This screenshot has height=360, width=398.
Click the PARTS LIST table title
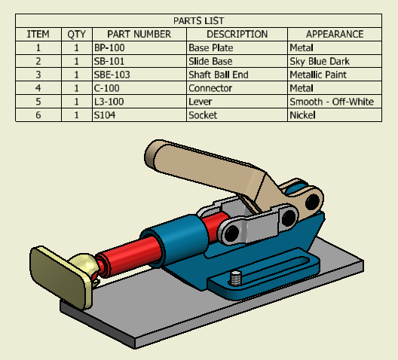click(x=198, y=21)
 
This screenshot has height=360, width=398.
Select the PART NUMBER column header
click(x=139, y=34)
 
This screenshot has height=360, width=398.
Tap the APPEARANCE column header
click(x=335, y=34)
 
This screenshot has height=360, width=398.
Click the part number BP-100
click(x=109, y=47)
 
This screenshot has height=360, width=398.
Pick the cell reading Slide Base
click(x=210, y=61)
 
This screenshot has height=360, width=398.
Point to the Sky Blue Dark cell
click(x=320, y=61)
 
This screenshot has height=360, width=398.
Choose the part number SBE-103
click(x=112, y=75)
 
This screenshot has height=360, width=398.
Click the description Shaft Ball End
click(x=219, y=75)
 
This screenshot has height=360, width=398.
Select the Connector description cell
click(x=210, y=88)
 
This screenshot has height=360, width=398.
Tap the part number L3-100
click(x=109, y=102)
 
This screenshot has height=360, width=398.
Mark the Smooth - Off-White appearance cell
click(x=332, y=102)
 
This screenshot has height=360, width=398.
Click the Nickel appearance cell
click(x=302, y=114)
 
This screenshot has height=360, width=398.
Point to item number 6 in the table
click(x=38, y=114)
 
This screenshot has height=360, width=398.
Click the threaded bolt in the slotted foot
click(x=235, y=278)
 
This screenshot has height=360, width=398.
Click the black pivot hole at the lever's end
click(x=313, y=201)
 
